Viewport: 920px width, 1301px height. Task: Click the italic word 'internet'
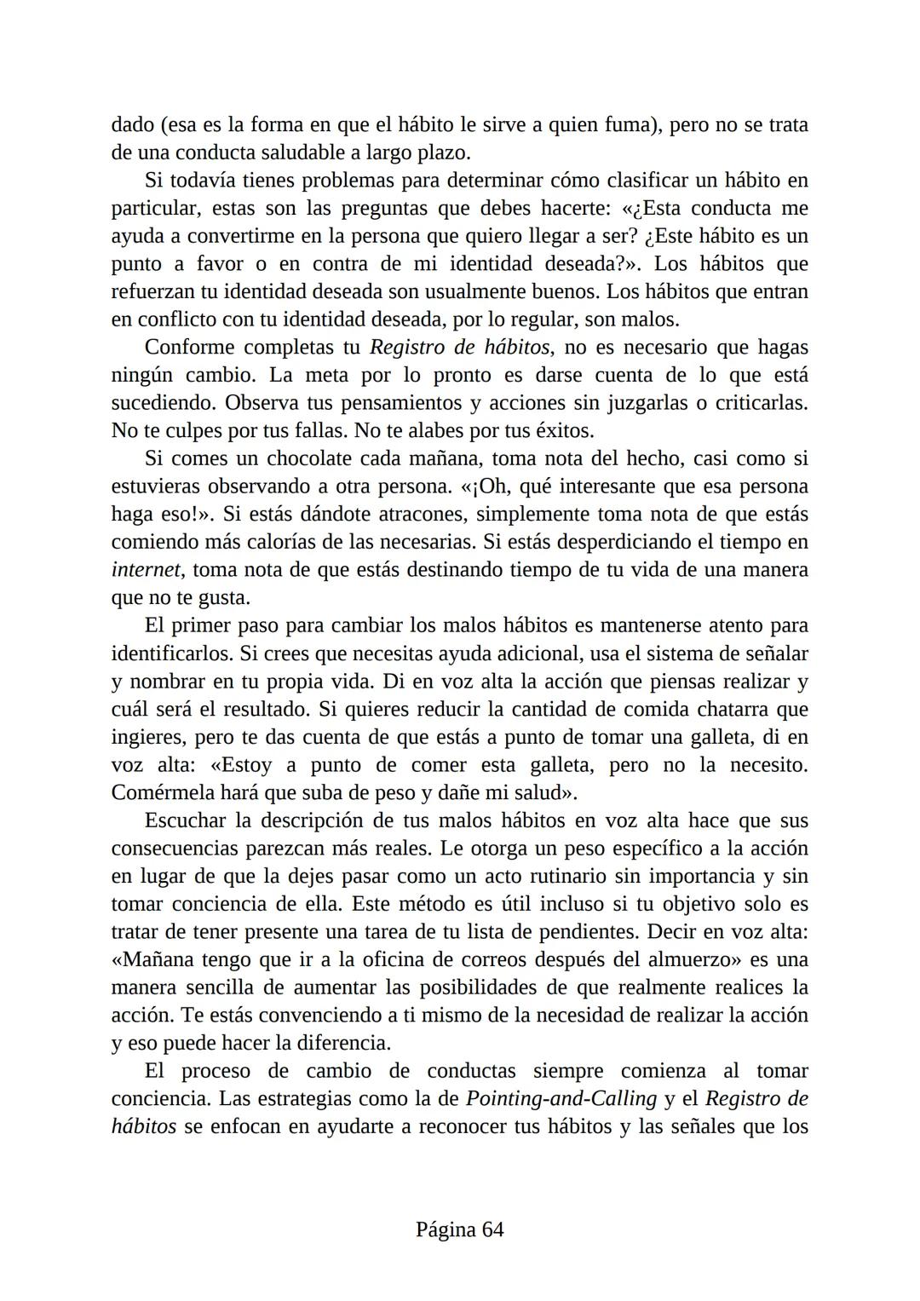click(x=146, y=570)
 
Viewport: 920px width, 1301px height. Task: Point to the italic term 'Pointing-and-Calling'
click(x=561, y=1098)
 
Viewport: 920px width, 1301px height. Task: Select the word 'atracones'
click(x=417, y=515)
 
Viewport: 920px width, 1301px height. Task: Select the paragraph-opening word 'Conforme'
click(x=187, y=348)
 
